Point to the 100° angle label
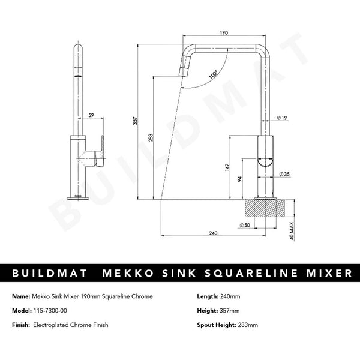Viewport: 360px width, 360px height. click(x=213, y=75)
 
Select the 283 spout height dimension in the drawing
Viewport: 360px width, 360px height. click(x=151, y=138)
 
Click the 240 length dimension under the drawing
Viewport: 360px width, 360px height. click(x=213, y=233)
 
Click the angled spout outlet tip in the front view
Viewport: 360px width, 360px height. click(x=184, y=72)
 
